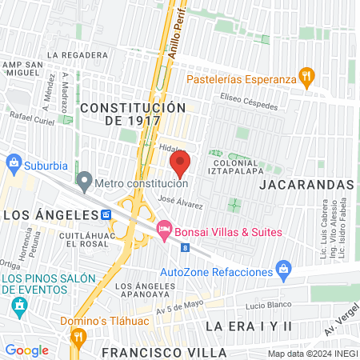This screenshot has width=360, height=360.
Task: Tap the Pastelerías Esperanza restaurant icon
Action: [305, 78]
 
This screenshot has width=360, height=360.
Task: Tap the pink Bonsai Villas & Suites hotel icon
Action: [165, 230]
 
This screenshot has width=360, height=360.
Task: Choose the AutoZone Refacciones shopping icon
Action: [282, 267]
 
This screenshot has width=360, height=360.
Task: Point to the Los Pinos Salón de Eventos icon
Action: [20, 307]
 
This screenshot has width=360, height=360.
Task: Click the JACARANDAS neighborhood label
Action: [306, 185]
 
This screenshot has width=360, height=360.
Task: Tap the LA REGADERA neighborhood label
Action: [78, 55]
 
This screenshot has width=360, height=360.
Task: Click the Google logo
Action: [26, 350]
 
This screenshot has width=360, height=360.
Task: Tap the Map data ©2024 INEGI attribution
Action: [312, 354]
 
